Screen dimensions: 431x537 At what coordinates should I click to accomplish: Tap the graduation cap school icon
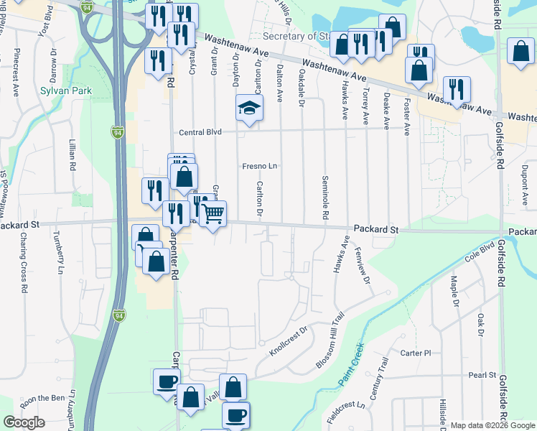click(249, 109)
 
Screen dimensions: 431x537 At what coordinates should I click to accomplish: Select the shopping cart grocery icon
click(213, 214)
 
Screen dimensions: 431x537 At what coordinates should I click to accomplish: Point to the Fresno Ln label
click(259, 166)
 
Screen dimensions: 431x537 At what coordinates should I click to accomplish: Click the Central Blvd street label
click(200, 132)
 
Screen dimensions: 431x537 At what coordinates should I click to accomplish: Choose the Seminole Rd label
click(325, 198)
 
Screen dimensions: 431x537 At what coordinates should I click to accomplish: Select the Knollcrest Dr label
click(288, 343)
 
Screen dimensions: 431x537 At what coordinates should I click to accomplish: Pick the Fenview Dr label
click(361, 267)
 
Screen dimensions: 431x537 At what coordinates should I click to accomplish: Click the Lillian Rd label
click(73, 154)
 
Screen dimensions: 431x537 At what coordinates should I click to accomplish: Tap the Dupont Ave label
click(525, 179)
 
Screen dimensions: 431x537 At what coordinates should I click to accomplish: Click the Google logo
click(24, 422)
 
